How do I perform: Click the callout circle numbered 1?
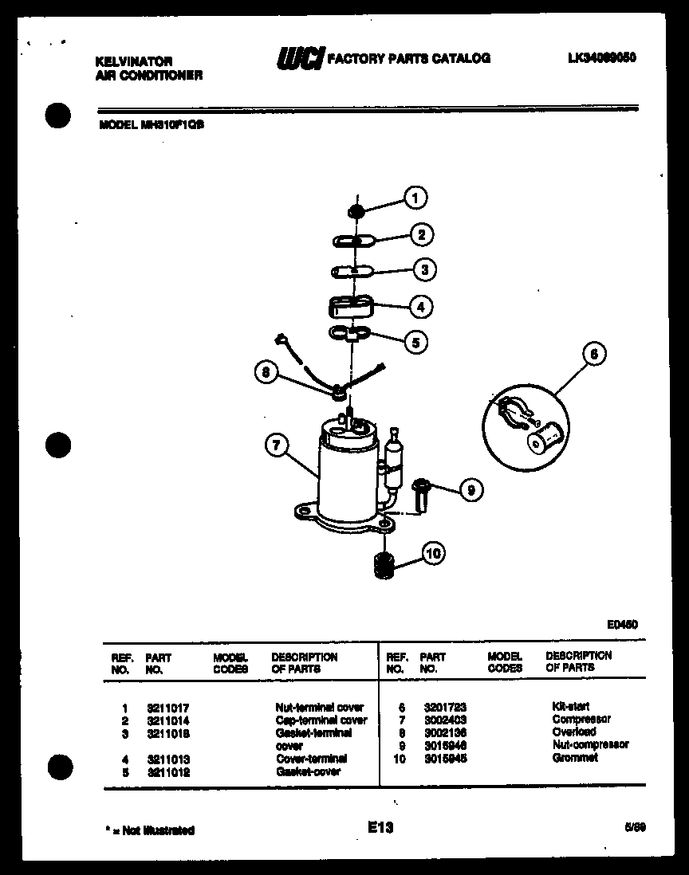(x=415, y=198)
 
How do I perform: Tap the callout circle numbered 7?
(x=276, y=447)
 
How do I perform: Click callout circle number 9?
(x=470, y=491)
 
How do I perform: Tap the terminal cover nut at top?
(x=356, y=210)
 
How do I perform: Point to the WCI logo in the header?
(x=301, y=58)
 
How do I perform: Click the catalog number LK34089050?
(x=602, y=58)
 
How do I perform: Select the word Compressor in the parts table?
(x=581, y=719)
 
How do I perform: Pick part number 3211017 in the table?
(x=167, y=707)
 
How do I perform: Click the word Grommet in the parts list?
(x=574, y=758)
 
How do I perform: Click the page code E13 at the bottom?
(x=380, y=828)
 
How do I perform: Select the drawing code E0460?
(x=622, y=625)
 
